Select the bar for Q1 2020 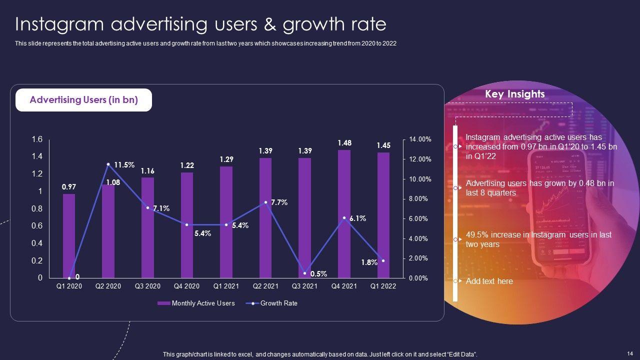point(69,235)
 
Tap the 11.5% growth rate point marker point(108,164)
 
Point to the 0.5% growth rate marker point(304,273)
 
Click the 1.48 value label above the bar point(344,143)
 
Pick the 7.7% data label point(279,202)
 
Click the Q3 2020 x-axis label point(147,286)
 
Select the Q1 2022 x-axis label point(383,286)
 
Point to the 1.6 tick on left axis point(37,139)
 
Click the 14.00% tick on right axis point(419,139)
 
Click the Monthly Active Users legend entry point(196,303)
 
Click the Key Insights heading point(514,94)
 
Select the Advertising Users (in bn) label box point(83,100)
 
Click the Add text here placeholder point(489,281)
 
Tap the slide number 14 point(629,353)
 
